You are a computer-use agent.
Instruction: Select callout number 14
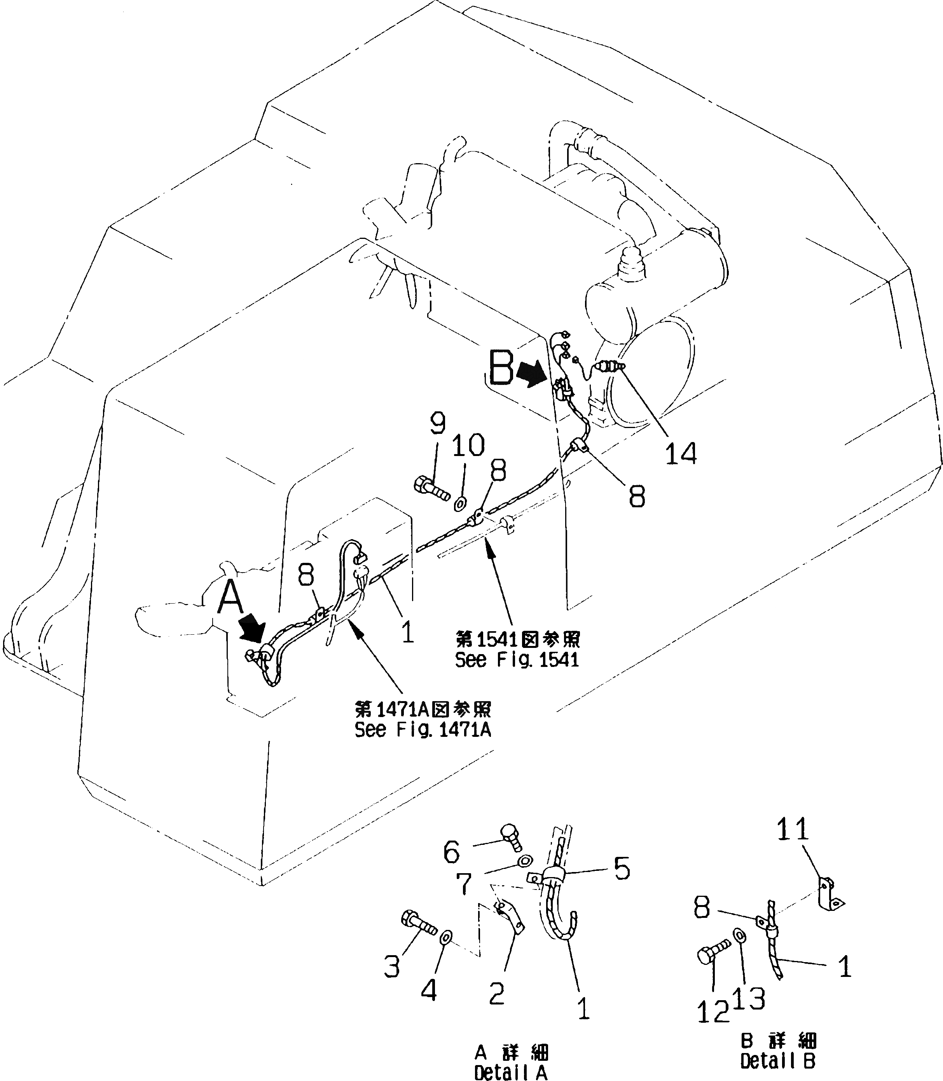click(x=681, y=453)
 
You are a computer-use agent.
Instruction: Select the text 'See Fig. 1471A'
click(x=423, y=730)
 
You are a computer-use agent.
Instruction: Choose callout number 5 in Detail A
click(x=622, y=869)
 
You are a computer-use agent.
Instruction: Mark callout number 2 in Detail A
click(x=497, y=993)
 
